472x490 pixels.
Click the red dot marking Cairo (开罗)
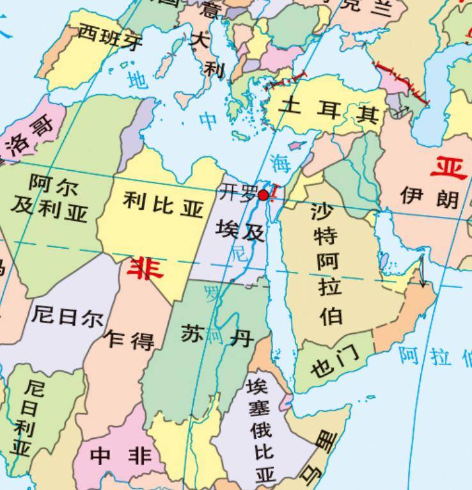pos(262,194)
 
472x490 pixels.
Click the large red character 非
pos(145,269)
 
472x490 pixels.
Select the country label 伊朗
pos(430,196)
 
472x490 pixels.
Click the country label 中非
pos(121,455)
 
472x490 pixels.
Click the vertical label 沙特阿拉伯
pos(327,262)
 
